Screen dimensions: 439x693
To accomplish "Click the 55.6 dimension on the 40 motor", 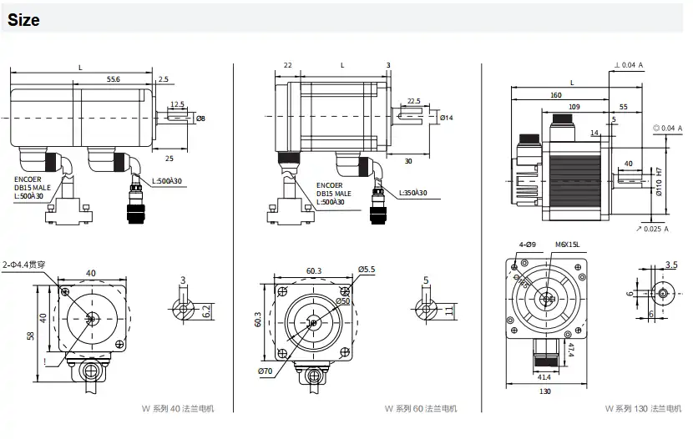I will pyautogui.click(x=113, y=78).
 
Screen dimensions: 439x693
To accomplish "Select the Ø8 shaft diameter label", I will pyautogui.click(x=200, y=119).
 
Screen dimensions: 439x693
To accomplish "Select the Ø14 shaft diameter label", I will pyautogui.click(x=446, y=118).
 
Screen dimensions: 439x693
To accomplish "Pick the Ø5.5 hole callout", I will pyautogui.click(x=368, y=269).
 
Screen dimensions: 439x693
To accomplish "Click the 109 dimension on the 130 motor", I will pyautogui.click(x=574, y=107).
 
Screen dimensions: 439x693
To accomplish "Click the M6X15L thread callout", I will pyautogui.click(x=567, y=245).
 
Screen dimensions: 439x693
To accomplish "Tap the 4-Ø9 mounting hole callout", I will pyautogui.click(x=528, y=245).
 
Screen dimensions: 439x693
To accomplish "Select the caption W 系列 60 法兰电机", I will pyautogui.click(x=421, y=409).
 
